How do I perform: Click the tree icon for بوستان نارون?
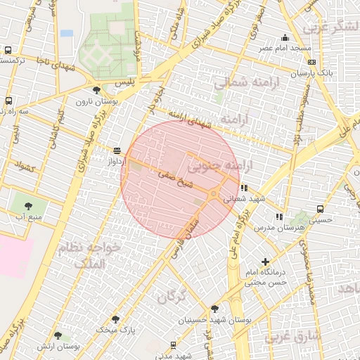[x=96, y=90]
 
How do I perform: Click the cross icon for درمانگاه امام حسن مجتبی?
[x=265, y=262]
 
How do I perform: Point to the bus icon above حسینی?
[x=321, y=209]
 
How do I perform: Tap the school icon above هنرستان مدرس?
[x=279, y=217]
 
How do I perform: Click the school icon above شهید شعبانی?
[x=244, y=188]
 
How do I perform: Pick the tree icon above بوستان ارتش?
[x=58, y=335]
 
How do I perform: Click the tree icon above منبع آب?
[x=28, y=206]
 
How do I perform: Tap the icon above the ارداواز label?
[x=117, y=150]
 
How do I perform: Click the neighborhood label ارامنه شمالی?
[x=237, y=83]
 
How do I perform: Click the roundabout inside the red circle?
[x=214, y=194]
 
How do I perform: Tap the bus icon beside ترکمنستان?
[x=8, y=51]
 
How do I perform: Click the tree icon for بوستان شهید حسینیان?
[x=214, y=308]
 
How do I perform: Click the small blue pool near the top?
[x=67, y=33]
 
